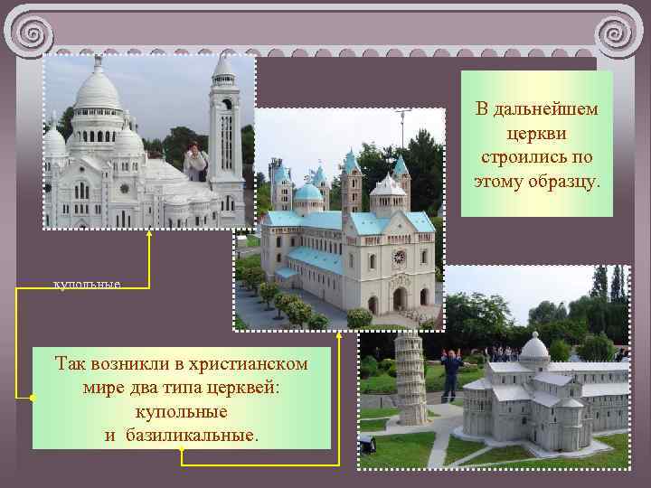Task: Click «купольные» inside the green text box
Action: (181, 411)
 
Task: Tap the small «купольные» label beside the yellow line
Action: (88, 285)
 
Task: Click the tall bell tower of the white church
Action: (223, 136)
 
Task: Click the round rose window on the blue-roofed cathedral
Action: (399, 257)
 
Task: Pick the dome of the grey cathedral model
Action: (534, 347)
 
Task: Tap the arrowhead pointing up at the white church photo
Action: (149, 233)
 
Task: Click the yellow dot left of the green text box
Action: (32, 398)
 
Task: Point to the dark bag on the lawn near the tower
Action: (368, 445)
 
